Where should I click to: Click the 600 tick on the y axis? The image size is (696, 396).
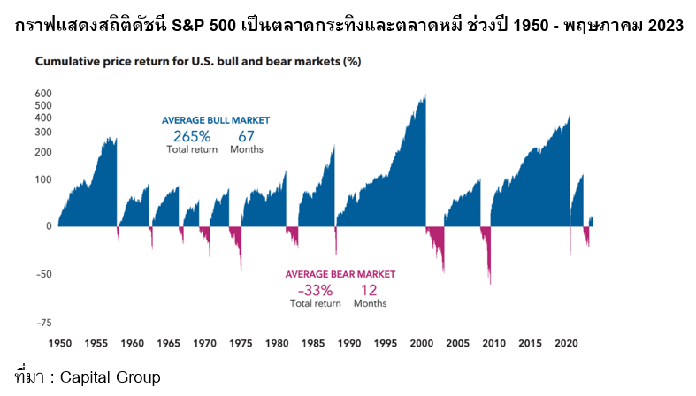click(x=43, y=94)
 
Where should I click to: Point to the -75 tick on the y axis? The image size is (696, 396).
click(x=42, y=324)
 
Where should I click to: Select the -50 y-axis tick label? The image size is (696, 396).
click(x=42, y=274)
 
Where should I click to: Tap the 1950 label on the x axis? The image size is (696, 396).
click(x=60, y=343)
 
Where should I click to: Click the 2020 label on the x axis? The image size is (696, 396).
click(x=567, y=343)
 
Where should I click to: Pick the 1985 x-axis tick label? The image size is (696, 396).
click(x=314, y=343)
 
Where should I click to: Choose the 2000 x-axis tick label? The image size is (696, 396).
click(x=422, y=343)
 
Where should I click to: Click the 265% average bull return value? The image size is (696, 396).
click(x=192, y=136)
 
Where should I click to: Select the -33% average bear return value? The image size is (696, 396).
click(x=315, y=290)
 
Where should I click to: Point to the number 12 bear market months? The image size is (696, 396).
click(x=370, y=290)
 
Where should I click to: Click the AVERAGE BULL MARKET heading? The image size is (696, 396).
click(x=215, y=120)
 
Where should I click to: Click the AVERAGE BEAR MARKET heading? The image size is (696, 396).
click(x=340, y=274)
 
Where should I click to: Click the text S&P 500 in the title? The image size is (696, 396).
click(x=237, y=26)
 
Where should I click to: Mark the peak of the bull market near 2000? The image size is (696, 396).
click(x=425, y=96)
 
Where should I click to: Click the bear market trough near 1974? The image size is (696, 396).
click(x=241, y=270)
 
